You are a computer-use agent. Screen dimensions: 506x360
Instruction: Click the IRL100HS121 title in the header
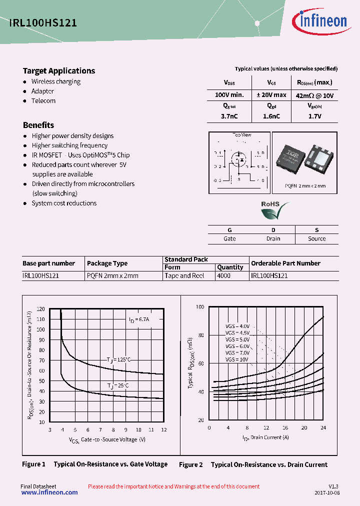point(42,22)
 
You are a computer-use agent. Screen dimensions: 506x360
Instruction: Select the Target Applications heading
point(59,71)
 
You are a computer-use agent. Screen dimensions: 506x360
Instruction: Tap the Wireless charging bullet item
point(55,81)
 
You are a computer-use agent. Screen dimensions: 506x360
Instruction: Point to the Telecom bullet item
point(43,101)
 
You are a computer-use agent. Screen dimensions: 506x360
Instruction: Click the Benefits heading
point(38,125)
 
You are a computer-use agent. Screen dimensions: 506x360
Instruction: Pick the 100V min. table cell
point(229,95)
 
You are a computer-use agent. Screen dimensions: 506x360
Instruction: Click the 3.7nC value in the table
point(229,116)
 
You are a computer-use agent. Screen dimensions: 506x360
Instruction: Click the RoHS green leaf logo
point(274,210)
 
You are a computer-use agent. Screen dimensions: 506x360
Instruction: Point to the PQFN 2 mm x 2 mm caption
point(305,186)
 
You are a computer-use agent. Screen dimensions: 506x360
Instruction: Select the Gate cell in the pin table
point(229,239)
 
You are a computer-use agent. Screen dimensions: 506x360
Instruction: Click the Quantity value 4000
point(224,275)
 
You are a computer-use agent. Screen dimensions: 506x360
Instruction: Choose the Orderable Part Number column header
point(285,263)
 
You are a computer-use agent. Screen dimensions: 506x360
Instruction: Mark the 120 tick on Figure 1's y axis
point(41,309)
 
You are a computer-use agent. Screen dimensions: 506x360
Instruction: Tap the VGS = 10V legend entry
point(236,359)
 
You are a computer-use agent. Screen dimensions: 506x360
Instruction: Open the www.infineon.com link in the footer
point(49,492)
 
